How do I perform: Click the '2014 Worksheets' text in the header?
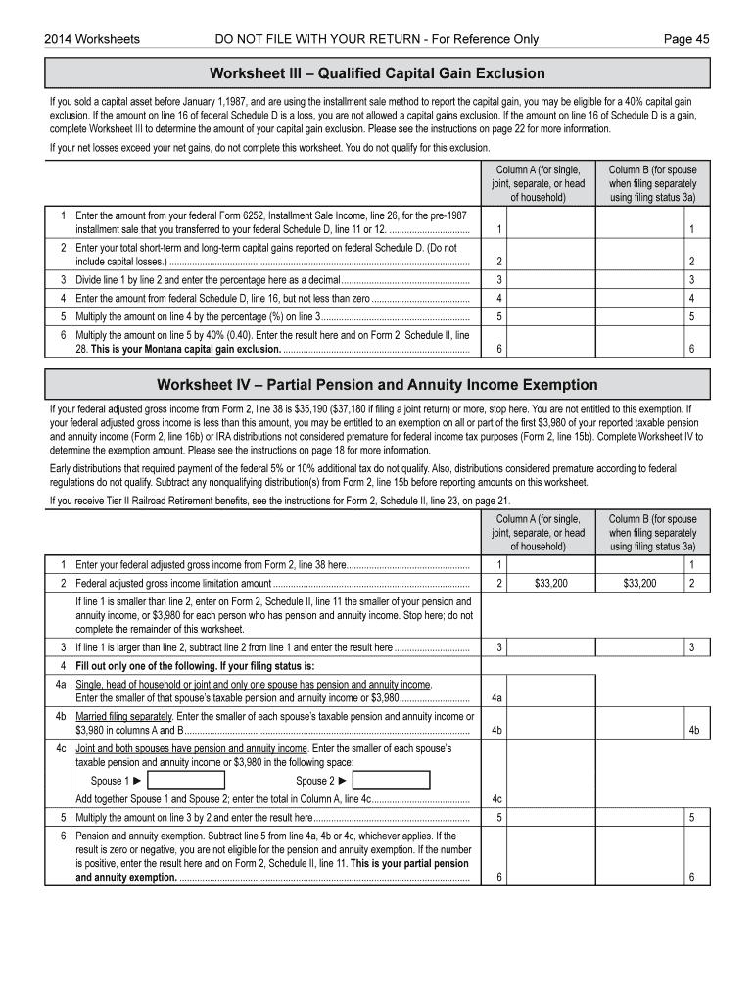click(x=92, y=39)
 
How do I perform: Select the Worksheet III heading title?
click(x=377, y=73)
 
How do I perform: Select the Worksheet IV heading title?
click(x=377, y=385)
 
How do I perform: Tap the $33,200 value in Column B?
click(x=639, y=584)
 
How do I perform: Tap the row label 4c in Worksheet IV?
click(x=61, y=748)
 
